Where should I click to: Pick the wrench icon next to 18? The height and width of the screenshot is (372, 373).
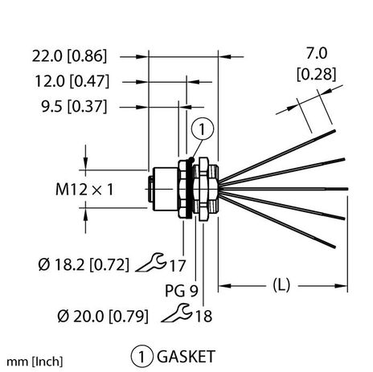178,316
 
